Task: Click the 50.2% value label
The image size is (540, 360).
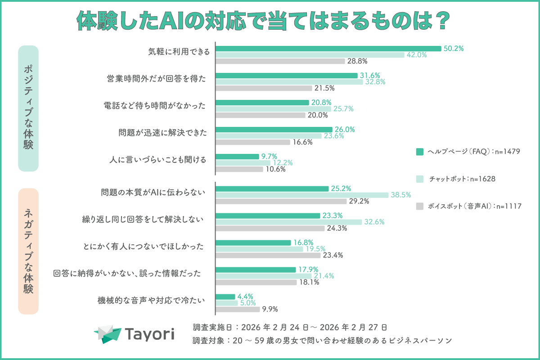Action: click(453, 48)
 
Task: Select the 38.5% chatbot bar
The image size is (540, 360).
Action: click(302, 195)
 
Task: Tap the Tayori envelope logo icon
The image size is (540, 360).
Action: click(108, 333)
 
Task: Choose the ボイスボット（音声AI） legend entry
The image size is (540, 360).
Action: click(468, 206)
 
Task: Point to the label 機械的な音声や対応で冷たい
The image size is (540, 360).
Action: click(151, 300)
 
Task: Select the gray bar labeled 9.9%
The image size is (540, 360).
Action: click(238, 309)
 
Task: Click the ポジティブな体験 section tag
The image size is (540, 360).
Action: click(28, 108)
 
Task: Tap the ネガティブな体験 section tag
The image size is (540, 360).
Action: click(28, 251)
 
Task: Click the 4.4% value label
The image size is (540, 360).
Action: click(245, 297)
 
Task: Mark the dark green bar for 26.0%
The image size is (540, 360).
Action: click(274, 129)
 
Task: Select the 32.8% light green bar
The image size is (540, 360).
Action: click(289, 82)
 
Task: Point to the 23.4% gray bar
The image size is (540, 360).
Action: click(268, 255)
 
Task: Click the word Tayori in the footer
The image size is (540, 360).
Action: click(149, 334)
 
